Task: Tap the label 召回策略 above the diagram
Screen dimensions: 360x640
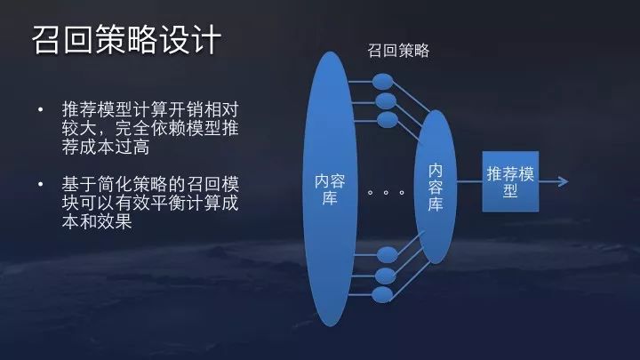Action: (398, 51)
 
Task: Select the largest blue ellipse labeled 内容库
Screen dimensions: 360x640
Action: (330, 188)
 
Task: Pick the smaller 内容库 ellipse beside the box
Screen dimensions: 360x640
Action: (436, 187)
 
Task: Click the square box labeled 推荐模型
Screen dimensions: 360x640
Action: (510, 181)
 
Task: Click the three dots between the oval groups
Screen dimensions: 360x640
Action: (385, 192)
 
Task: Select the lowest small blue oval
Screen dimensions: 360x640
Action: (385, 294)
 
